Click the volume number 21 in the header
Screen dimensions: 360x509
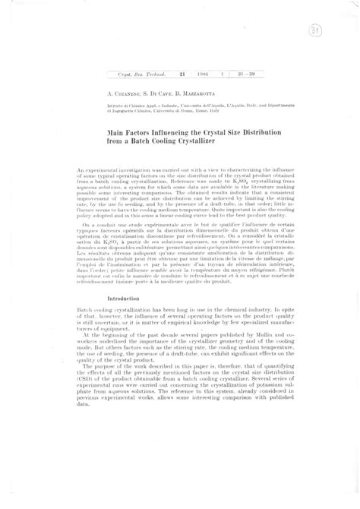point(182,74)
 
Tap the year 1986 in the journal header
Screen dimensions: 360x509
point(203,74)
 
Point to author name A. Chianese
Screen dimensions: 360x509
point(125,90)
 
